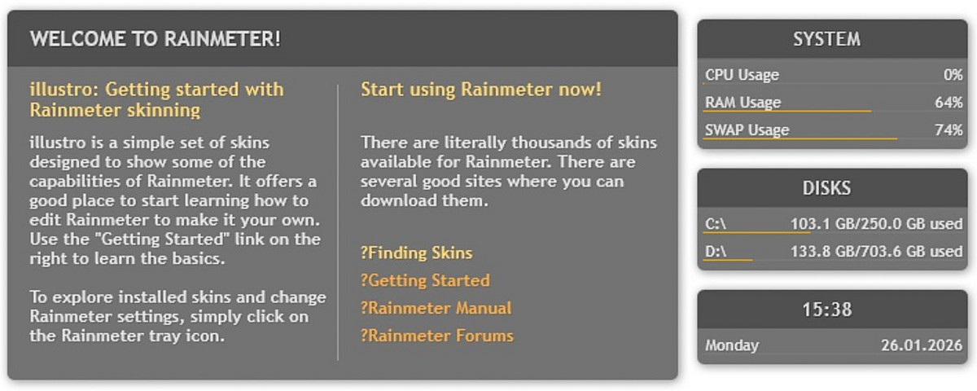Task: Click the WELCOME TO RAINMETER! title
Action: pos(156,39)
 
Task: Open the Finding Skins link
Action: pos(417,253)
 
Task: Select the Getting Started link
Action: pos(425,280)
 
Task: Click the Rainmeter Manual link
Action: pos(436,308)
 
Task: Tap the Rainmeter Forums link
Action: pos(437,336)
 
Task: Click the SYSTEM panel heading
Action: pos(827,39)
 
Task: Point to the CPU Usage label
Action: pos(742,75)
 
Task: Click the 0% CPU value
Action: pos(953,75)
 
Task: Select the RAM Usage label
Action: pos(743,103)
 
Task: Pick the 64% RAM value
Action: pos(949,103)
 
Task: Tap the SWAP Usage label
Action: pos(747,130)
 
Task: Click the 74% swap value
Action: pos(949,130)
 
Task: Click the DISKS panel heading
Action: pos(827,188)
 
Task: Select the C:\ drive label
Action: pos(716,224)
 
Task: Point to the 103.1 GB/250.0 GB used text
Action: pos(877,224)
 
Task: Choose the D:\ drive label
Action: pos(716,252)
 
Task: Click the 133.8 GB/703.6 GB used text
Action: pos(877,252)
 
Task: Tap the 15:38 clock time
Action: pos(827,310)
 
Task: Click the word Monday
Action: pos(732,345)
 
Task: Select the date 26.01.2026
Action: pos(922,345)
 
